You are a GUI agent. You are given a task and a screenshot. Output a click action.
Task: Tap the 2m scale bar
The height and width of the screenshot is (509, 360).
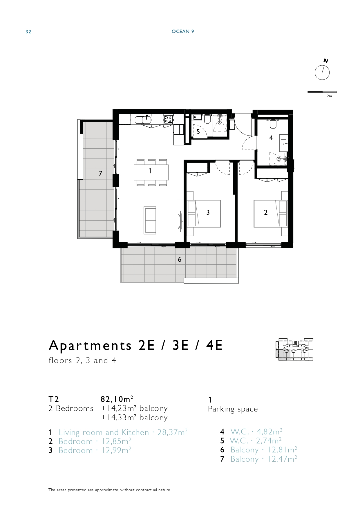tap(322, 92)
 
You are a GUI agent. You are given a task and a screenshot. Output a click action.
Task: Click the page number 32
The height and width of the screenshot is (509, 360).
tap(28, 32)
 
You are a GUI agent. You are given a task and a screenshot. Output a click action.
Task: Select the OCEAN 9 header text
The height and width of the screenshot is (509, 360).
tap(183, 31)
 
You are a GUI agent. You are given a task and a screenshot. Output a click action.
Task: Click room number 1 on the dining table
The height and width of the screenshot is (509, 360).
tap(150, 171)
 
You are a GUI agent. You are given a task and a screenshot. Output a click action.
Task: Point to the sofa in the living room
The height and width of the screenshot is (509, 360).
tap(150, 220)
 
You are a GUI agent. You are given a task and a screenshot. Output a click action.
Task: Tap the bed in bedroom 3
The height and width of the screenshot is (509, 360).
tap(204, 213)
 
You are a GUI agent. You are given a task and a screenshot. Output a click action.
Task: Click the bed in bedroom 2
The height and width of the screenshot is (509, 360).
tap(271, 213)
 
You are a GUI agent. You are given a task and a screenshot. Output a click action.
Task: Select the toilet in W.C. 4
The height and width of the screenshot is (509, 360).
tap(273, 124)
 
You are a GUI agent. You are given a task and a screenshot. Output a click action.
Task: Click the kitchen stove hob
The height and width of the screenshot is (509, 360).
tap(168, 119)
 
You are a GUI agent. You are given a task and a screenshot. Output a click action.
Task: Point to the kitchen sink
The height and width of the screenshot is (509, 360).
tap(146, 119)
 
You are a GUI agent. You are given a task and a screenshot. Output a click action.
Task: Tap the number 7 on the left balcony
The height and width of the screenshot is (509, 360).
tap(100, 174)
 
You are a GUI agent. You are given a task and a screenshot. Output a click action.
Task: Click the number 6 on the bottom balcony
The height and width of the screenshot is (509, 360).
tap(180, 259)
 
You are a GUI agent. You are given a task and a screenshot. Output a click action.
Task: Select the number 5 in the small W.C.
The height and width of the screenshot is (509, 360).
tap(198, 132)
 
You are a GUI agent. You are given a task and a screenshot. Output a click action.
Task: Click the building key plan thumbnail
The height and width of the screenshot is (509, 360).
tap(294, 349)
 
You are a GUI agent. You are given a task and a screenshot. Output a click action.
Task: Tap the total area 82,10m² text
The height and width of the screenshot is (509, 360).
tap(117, 399)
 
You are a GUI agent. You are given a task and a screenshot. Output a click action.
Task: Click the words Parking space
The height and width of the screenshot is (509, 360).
tap(233, 409)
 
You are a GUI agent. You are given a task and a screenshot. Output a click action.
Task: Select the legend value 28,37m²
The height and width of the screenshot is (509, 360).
tap(173, 432)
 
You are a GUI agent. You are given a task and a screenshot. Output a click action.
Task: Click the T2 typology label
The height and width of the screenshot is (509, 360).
tap(54, 399)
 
